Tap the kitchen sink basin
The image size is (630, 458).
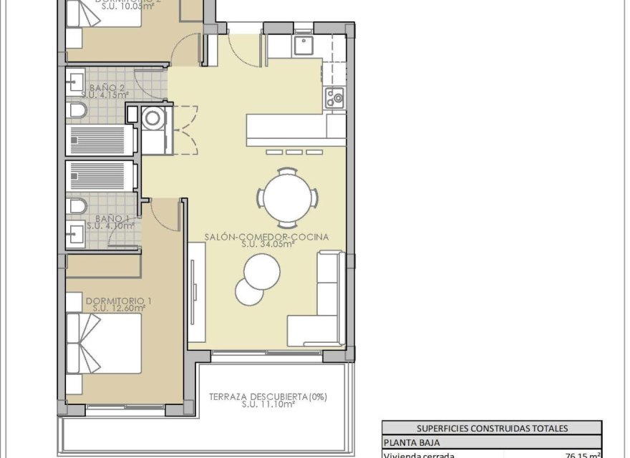coord(304,46)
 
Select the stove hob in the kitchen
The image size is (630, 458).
coord(334,97)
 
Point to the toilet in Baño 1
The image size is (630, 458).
coord(77,206)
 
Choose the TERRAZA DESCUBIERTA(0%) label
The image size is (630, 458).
coord(268,396)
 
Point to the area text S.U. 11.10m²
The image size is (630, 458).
coord(268,404)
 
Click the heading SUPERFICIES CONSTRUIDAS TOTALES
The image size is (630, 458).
coord(491,428)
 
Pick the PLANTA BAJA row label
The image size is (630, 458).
coord(412,442)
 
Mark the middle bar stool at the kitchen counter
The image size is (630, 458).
coord(294,152)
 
